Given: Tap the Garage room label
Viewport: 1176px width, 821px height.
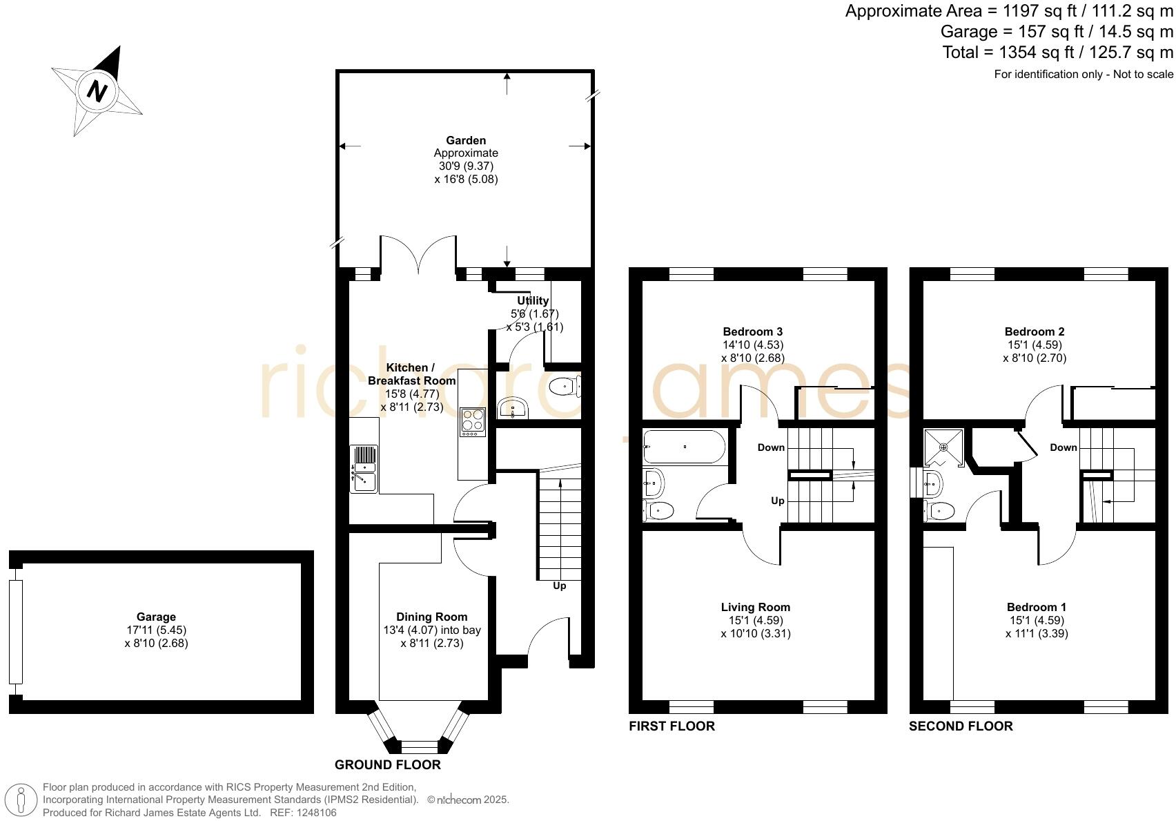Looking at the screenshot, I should (x=156, y=617).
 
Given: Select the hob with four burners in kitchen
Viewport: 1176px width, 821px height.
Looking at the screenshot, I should (x=473, y=421).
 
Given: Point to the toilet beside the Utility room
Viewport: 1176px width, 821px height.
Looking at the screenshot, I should (x=565, y=387).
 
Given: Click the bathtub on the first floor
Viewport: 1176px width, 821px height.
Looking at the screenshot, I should (x=683, y=447).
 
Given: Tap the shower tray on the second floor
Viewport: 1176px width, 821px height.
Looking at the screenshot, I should (x=943, y=447).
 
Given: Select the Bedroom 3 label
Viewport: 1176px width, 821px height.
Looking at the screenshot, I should (x=752, y=331).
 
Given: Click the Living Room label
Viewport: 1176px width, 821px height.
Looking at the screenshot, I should (x=755, y=607).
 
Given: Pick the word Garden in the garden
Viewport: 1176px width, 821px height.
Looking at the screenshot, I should (x=466, y=140).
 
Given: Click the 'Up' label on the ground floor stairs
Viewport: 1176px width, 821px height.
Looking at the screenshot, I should (x=559, y=586).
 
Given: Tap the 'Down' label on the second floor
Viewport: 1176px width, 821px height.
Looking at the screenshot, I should (x=1063, y=447).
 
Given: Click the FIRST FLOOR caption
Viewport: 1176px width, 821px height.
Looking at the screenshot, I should (x=672, y=726).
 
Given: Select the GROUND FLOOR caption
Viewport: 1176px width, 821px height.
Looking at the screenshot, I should (x=387, y=764).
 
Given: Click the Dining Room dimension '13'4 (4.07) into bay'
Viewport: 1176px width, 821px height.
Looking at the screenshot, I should (x=432, y=630).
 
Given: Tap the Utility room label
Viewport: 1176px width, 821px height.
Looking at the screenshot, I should (x=533, y=300).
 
